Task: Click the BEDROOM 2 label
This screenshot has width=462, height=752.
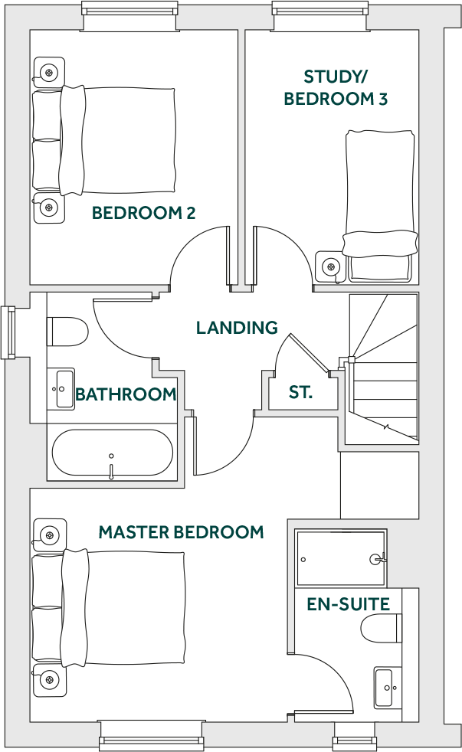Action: pos(143,213)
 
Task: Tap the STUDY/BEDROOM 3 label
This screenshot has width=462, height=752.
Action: pos(336,87)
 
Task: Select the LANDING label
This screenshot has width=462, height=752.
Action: pos(237,328)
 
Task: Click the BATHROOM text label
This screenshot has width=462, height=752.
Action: pos(126,395)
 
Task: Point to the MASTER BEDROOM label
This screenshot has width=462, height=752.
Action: pos(181,531)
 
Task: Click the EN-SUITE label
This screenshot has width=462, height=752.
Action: pos(349,604)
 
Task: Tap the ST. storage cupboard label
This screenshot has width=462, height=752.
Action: pos(300,393)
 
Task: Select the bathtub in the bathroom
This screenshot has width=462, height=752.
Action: pos(112,453)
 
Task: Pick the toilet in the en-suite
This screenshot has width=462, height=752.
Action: pos(381,629)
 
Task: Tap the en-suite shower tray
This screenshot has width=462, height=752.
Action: pos(341,559)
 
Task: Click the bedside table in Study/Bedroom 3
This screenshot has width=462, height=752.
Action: pos(331,267)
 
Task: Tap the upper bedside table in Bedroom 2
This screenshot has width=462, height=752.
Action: pos(49,73)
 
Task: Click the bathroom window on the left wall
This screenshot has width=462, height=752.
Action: pos(8,332)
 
